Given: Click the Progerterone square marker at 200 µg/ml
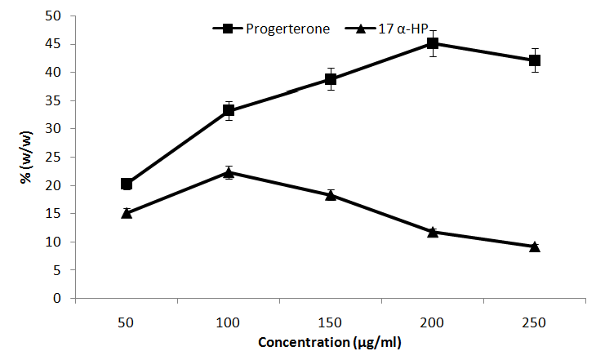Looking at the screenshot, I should click(x=433, y=43).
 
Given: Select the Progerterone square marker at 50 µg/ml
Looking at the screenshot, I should click(x=127, y=184).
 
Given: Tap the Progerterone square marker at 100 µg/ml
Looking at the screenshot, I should click(x=229, y=110).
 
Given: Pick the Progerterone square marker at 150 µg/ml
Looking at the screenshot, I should click(x=331, y=79).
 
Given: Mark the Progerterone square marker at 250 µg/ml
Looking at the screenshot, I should click(x=535, y=60).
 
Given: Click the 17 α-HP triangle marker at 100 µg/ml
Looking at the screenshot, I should click(x=229, y=172).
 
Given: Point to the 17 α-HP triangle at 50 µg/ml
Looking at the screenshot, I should click(x=127, y=213).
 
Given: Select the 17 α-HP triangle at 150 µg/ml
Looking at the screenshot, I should click(x=331, y=195).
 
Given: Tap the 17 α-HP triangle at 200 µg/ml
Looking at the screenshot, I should click(x=433, y=232).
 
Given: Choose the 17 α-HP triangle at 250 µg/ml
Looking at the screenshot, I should click(x=535, y=247).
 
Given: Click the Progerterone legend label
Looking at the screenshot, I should click(x=288, y=29).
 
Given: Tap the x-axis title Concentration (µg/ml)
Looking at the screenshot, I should click(x=329, y=343).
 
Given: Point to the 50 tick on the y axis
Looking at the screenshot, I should click(x=55, y=16).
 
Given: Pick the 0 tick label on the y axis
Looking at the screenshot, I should click(x=58, y=299).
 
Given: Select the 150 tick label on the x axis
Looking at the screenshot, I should click(x=331, y=322).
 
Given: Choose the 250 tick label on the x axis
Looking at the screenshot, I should click(x=535, y=322).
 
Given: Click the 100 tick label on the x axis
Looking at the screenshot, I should click(x=229, y=322).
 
